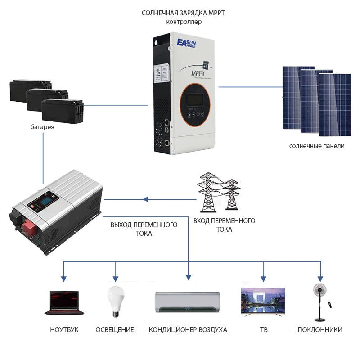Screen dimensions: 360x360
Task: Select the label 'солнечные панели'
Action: pyautogui.click(x=317, y=146)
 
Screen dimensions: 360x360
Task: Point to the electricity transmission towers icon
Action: pyautogui.click(x=218, y=191)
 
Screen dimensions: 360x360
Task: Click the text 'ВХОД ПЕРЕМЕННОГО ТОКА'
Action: pyautogui.click(x=224, y=225)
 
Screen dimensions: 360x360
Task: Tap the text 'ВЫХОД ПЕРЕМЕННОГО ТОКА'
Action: pyautogui.click(x=144, y=229)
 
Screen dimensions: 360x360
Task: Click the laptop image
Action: pyautogui.click(x=64, y=302)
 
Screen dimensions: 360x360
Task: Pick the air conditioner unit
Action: pyautogui.click(x=188, y=302)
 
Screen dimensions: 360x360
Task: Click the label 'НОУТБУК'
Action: pyautogui.click(x=64, y=330)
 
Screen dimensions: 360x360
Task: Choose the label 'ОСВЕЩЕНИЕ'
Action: pyautogui.click(x=115, y=330)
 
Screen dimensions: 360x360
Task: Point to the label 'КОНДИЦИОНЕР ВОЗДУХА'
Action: pyautogui.click(x=188, y=330)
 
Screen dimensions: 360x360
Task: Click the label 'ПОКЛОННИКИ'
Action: pyautogui.click(x=320, y=330)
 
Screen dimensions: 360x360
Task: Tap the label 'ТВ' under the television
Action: pyautogui.click(x=264, y=330)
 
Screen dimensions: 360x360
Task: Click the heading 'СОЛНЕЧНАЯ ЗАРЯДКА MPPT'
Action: pyautogui.click(x=183, y=13)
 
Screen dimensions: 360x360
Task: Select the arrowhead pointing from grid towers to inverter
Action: pyautogui.click(x=145, y=199)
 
